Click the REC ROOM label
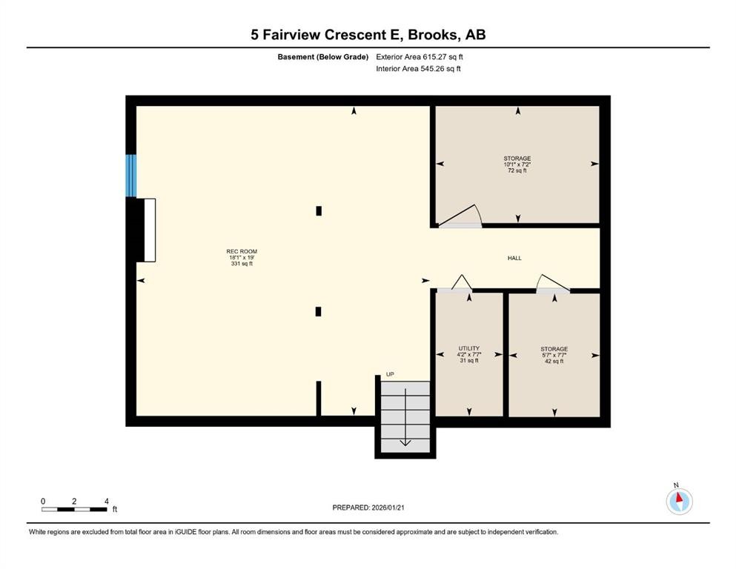[x=242, y=257]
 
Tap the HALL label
[x=514, y=258]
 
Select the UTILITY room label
[x=468, y=354]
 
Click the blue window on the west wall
[x=131, y=176]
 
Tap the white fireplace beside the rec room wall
[x=149, y=230]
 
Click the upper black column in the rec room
[x=319, y=210]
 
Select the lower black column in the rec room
[x=318, y=311]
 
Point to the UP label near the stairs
[x=390, y=375]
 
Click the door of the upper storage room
[x=460, y=218]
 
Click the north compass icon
[x=679, y=500]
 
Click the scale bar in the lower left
[x=74, y=508]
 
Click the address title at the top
[x=368, y=34]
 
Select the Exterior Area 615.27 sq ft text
[x=420, y=56]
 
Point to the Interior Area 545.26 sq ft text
[x=418, y=69]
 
